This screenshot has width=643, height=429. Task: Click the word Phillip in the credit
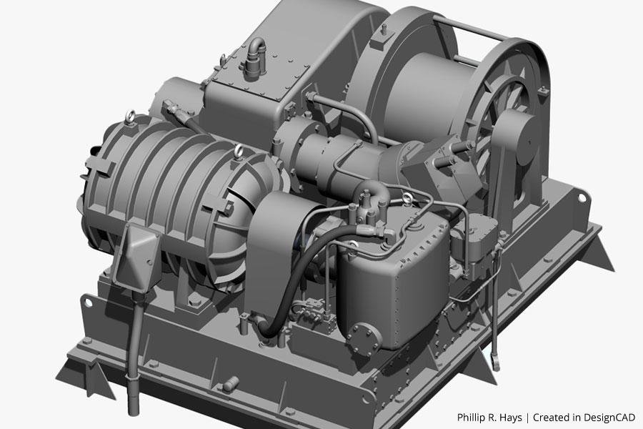pyautogui.click(x=472, y=418)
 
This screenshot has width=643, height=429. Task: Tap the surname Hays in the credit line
pyautogui.click(x=512, y=418)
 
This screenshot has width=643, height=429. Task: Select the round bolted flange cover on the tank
pyautogui.click(x=364, y=339)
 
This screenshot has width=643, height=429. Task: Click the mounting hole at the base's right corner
pyautogui.click(x=581, y=198)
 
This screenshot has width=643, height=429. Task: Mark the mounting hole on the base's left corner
pyautogui.click(x=88, y=303)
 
